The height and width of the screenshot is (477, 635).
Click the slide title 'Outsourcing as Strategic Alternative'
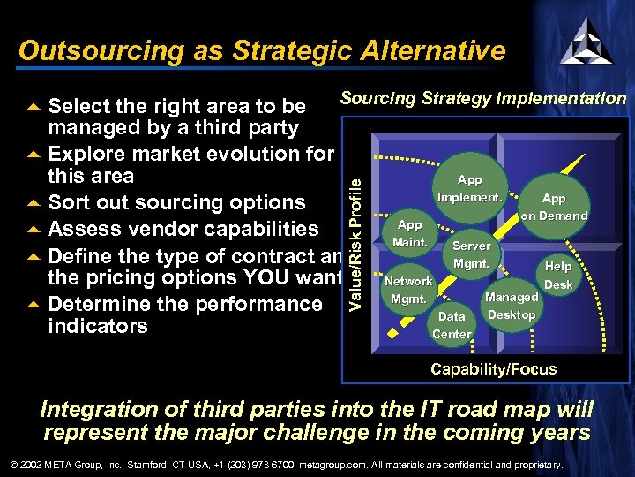(262, 50)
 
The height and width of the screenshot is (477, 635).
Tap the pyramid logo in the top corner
(586, 41)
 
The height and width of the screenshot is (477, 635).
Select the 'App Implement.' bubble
(469, 188)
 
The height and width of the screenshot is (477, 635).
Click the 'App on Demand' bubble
(553, 208)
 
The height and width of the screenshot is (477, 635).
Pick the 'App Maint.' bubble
(409, 234)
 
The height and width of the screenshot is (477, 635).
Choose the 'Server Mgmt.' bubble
(472, 254)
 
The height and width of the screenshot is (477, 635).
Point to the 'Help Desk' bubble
(557, 275)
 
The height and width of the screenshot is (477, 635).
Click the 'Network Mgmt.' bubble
(408, 290)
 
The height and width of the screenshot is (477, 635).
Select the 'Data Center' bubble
(452, 325)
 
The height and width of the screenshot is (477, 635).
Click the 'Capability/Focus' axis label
(493, 369)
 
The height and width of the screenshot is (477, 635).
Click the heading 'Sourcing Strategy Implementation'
(482, 99)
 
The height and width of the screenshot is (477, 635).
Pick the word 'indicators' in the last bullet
(98, 327)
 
